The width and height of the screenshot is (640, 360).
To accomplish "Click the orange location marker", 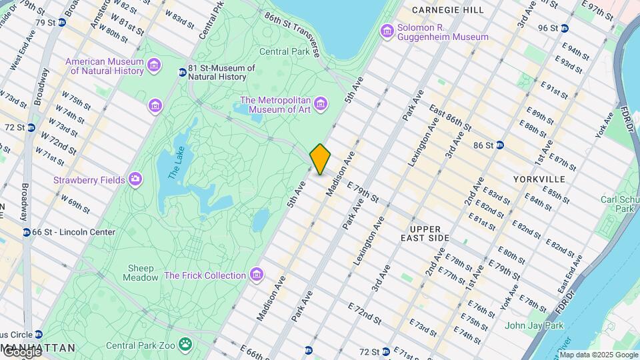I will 320,159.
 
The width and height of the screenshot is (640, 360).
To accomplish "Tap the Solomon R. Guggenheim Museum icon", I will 387,31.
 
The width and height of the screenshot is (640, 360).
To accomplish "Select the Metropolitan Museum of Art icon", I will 321,104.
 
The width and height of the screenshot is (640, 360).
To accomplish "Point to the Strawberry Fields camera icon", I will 136,179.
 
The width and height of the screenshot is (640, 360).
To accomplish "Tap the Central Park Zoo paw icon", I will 185,345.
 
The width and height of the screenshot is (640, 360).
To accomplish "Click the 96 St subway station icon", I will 564,28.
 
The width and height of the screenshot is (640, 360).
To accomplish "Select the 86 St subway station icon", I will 499,145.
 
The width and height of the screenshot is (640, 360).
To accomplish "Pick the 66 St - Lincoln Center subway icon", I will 26,232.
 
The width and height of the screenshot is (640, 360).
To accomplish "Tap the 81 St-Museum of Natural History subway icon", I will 182,72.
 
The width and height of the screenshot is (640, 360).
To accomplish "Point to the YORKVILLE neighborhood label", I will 539,179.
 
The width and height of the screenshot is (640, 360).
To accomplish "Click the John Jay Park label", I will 534,325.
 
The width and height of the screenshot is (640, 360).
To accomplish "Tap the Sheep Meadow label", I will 141,273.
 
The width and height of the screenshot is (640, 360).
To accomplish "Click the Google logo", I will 21,352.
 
